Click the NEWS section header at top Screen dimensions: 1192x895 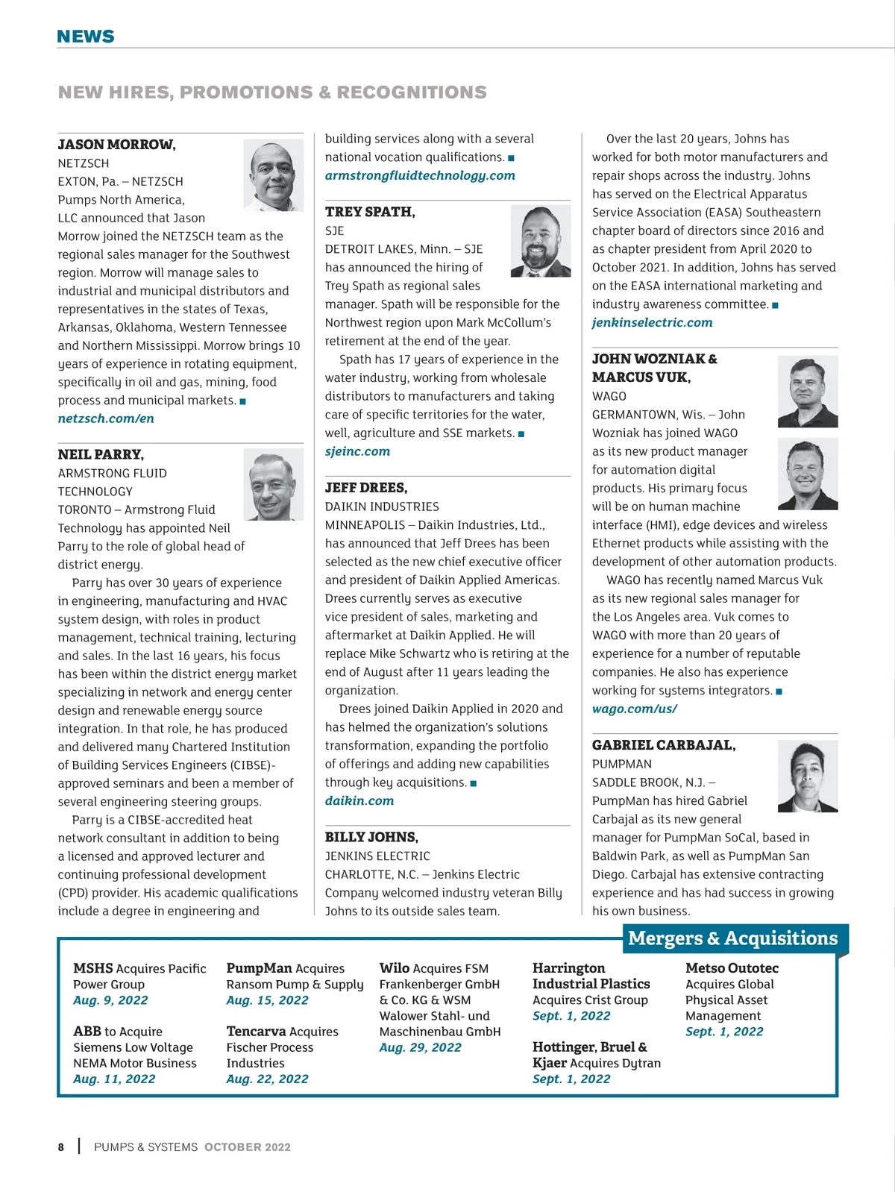[86, 37]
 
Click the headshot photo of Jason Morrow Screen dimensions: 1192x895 [273, 175]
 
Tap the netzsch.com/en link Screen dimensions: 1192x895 [106, 418]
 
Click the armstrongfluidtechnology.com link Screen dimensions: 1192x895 [420, 175]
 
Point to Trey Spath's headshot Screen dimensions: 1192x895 [540, 242]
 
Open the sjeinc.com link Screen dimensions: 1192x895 [357, 451]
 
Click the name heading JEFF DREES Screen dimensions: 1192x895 [366, 488]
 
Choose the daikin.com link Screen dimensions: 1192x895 [359, 800]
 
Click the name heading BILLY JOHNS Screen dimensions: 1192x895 [371, 837]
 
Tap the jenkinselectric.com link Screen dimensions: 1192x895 [652, 322]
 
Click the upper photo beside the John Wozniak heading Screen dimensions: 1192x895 [807, 392]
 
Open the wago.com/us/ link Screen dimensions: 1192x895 [635, 709]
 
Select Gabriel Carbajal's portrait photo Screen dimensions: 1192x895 [807, 777]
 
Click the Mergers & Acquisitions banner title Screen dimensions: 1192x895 [732, 938]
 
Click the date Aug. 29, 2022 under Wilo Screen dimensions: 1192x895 [420, 1047]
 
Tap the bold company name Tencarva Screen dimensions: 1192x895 [256, 1032]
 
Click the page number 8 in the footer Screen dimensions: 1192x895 [61, 1147]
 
